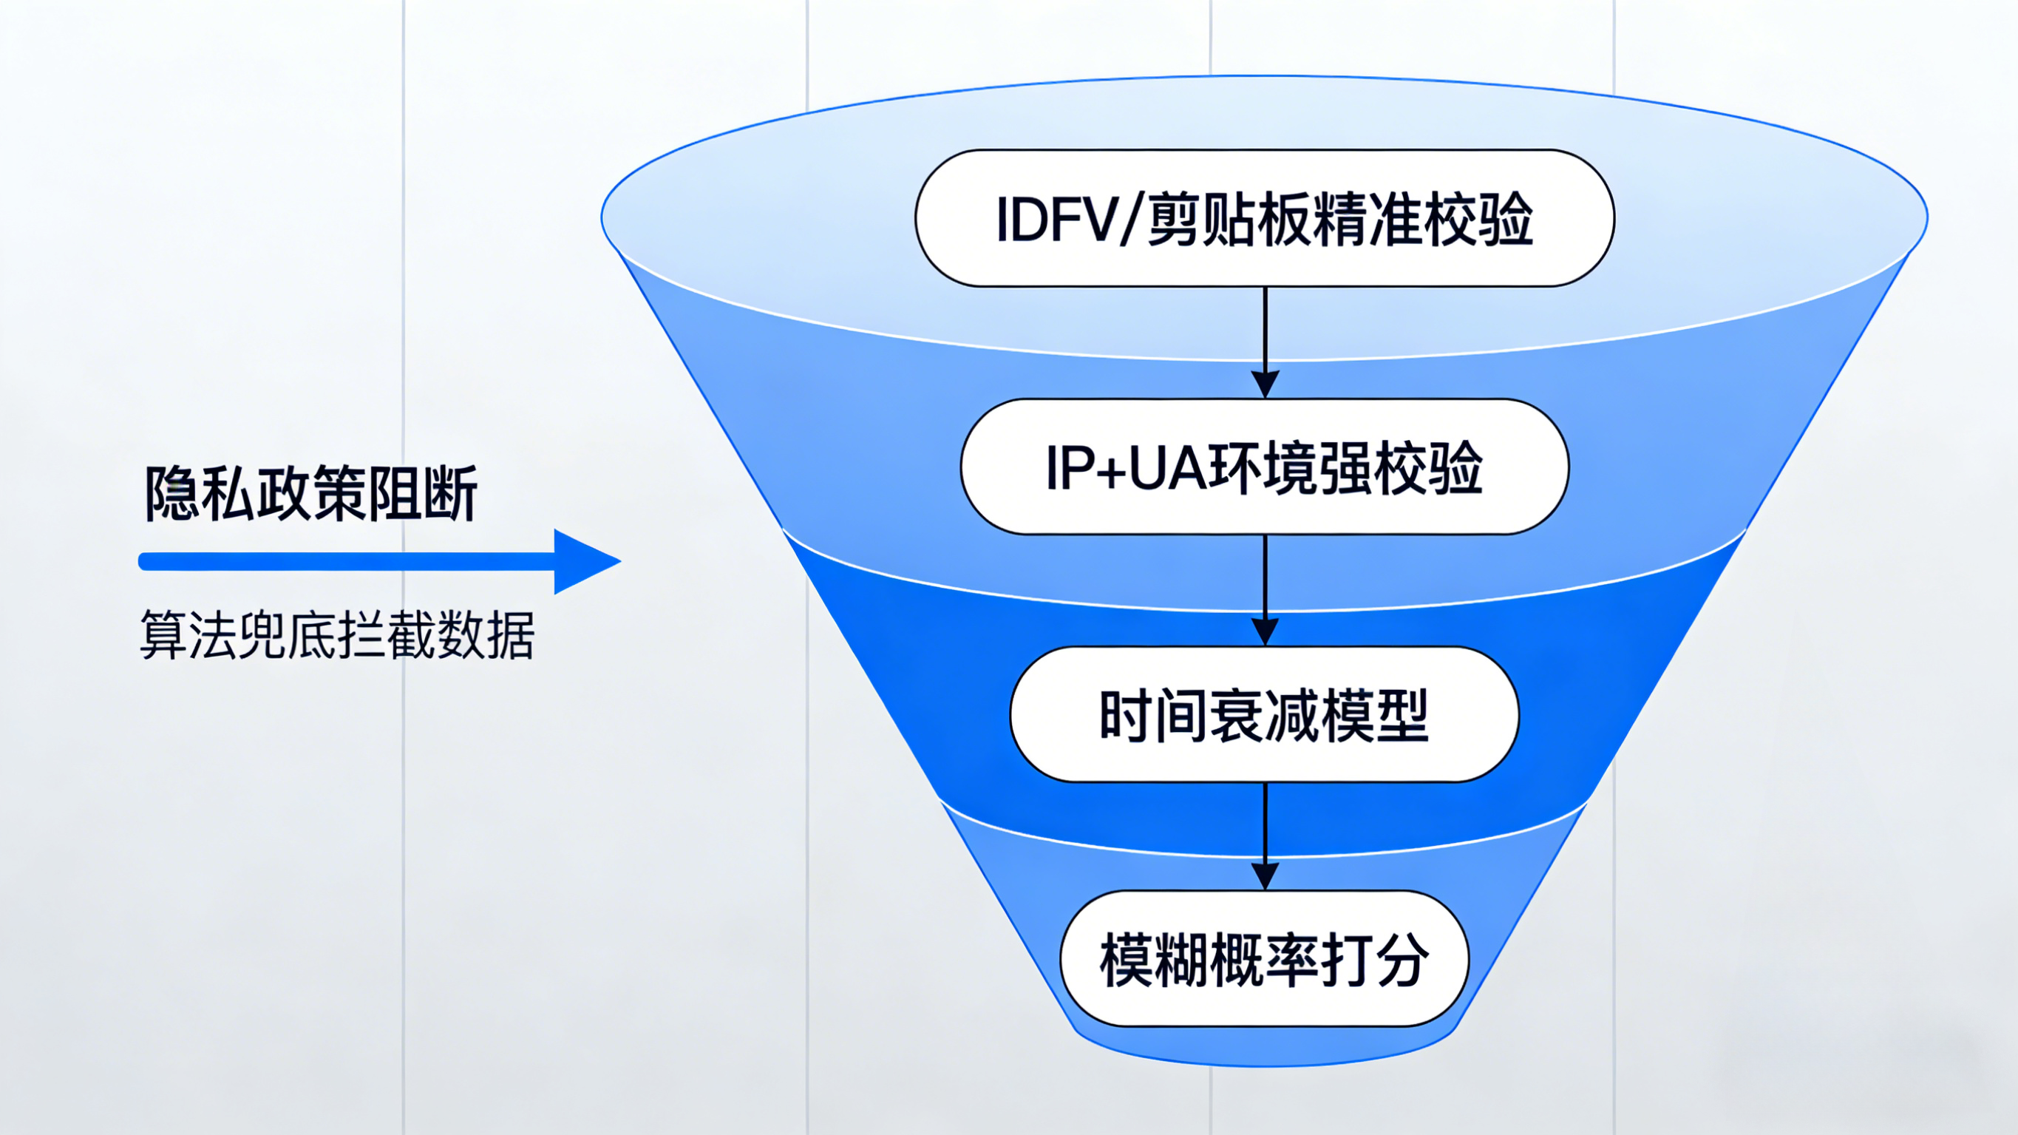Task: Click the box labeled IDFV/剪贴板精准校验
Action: click(x=1264, y=218)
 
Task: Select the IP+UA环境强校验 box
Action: click(x=1264, y=467)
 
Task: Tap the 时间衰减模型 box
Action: click(x=1264, y=715)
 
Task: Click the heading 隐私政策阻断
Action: click(x=311, y=493)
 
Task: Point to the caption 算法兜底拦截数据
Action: click(x=337, y=634)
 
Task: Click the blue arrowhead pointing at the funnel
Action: click(x=584, y=561)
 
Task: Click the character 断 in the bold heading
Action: click(x=450, y=493)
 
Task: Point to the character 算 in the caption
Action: click(x=163, y=634)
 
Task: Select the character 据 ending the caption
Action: click(x=511, y=634)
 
